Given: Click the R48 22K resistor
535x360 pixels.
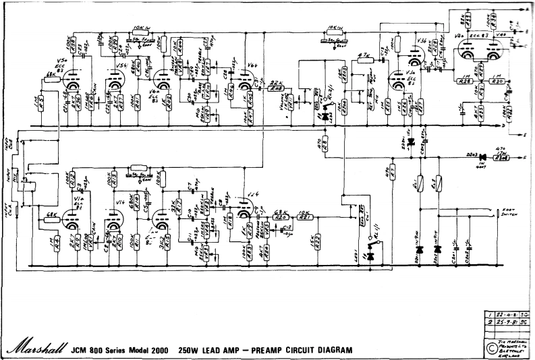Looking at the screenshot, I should pyautogui.click(x=275, y=88).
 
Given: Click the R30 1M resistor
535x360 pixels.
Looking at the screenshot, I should pyautogui.click(x=498, y=81).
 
